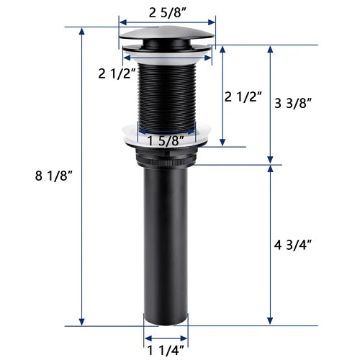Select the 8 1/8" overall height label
click(x=38, y=175)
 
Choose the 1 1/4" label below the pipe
click(x=166, y=351)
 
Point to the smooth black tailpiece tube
click(x=166, y=245)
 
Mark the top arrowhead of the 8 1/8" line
click(x=83, y=30)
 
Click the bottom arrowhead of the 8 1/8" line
click(x=83, y=323)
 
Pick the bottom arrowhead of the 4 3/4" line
click(x=271, y=323)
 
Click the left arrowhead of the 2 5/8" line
click(x=121, y=22)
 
